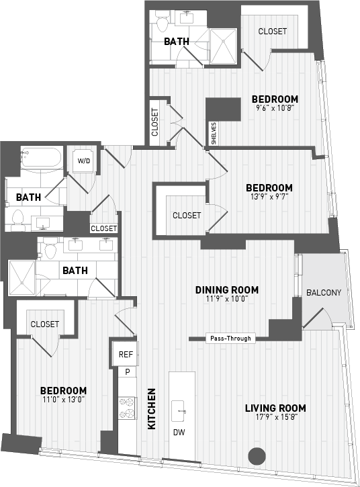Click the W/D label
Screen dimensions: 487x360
click(84, 161)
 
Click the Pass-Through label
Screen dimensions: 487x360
click(230, 339)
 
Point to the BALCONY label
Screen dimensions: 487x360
click(324, 293)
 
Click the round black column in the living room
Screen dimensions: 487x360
click(256, 456)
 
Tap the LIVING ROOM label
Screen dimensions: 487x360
click(275, 408)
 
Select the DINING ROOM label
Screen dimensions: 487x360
click(227, 290)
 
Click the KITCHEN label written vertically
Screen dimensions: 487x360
click(152, 408)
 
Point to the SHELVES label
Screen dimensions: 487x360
click(214, 132)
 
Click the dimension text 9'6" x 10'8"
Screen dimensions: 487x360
click(276, 109)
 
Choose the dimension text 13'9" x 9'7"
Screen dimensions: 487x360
click(269, 197)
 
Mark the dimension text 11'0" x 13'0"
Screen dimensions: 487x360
click(62, 400)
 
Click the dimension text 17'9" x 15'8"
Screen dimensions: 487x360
click(275, 418)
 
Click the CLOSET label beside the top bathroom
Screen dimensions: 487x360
click(273, 32)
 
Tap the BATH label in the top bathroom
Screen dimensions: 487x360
click(177, 42)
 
